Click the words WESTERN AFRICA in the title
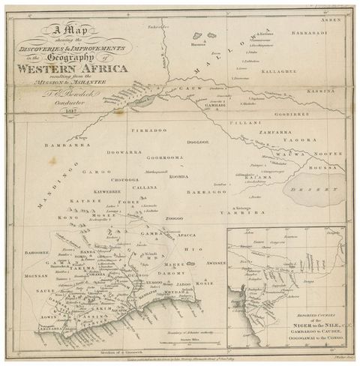77,68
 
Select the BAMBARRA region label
67,144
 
